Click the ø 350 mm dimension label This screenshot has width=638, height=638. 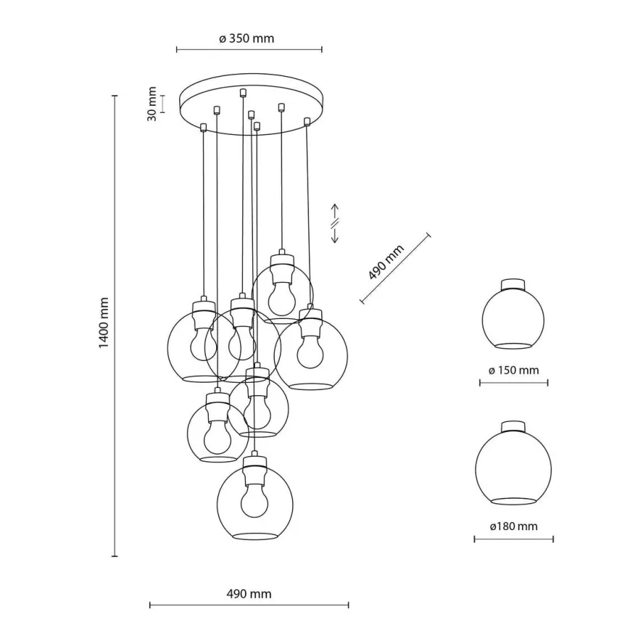pyautogui.click(x=246, y=38)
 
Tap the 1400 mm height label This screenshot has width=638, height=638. pyautogui.click(x=104, y=323)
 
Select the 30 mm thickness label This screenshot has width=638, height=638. pyautogui.click(x=152, y=104)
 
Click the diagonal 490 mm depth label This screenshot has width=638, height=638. pyautogui.click(x=386, y=262)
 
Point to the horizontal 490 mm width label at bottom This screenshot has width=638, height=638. pyautogui.click(x=249, y=594)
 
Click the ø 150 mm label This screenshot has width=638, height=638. pyautogui.click(x=513, y=370)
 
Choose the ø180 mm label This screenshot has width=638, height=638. pyautogui.click(x=513, y=526)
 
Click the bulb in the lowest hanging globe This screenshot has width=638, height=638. pyautogui.click(x=254, y=500)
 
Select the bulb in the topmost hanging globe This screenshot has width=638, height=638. pyautogui.click(x=283, y=299)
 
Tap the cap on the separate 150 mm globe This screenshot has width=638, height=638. pyautogui.click(x=513, y=284)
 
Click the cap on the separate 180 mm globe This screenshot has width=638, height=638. pyautogui.click(x=513, y=426)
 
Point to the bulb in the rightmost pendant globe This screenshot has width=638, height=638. pyautogui.click(x=310, y=351)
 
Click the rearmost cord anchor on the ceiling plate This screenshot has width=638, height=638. pyautogui.click(x=243, y=92)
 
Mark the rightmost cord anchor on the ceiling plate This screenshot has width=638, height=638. pyautogui.click(x=307, y=121)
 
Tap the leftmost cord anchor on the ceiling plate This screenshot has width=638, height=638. pyautogui.click(x=204, y=128)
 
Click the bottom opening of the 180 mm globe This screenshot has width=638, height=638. pyautogui.click(x=513, y=501)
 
